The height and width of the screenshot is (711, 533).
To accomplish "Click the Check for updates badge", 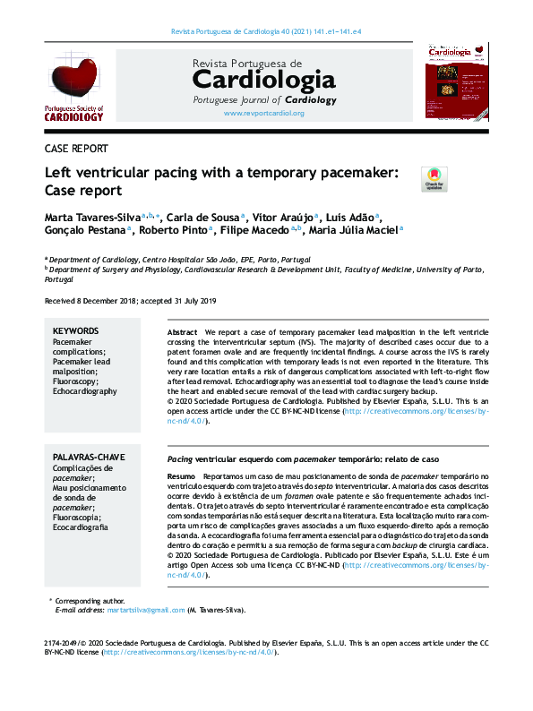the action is tap(434, 179).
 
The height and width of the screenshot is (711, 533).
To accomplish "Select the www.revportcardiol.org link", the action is tap(264, 114).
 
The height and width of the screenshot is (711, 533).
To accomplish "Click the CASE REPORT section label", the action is tap(76, 150).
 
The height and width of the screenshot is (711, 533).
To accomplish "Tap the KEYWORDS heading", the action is tap(76, 331).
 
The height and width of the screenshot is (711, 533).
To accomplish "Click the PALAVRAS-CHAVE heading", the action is tap(88, 458).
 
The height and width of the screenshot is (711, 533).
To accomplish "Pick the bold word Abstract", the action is tap(182, 332).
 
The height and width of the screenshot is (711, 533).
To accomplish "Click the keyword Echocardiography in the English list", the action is tap(84, 391).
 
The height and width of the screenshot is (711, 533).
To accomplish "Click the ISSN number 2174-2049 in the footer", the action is tap(64, 643).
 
